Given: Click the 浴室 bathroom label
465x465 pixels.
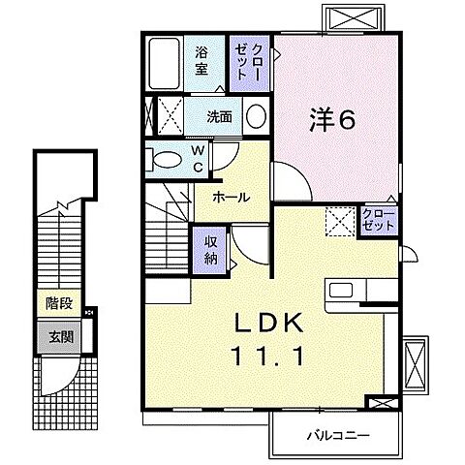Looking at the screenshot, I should pos(201,61).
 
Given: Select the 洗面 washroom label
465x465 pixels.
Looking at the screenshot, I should pos(219,116).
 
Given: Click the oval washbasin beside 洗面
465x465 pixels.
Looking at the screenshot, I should pos(256,117).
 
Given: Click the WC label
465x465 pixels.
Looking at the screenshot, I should pos(197,158).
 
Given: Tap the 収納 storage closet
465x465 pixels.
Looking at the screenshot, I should pos(211,247).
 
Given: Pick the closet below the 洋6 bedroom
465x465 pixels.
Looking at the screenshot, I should pos(378,218).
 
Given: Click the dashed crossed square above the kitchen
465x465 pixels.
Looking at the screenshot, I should pos(339,221).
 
